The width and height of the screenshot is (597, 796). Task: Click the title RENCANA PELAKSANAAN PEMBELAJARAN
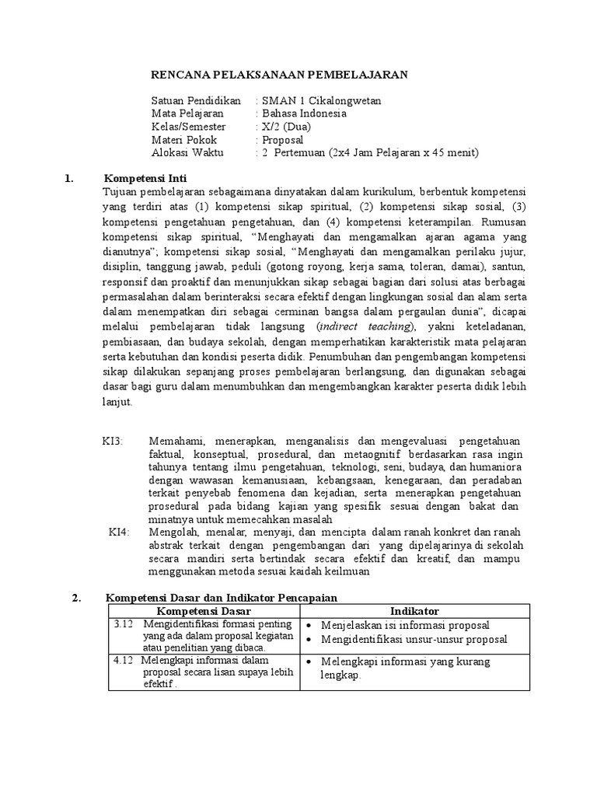(278, 75)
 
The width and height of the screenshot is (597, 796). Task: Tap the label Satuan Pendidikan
(196, 100)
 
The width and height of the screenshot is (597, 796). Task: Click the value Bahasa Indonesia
(304, 113)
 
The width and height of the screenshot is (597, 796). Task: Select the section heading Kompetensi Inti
(146, 178)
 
